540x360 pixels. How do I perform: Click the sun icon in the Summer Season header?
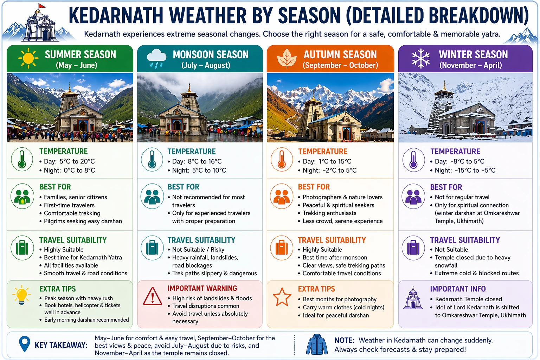[28, 58]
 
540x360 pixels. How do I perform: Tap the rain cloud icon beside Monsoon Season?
[156, 58]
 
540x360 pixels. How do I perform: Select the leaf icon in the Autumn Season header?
[287, 58]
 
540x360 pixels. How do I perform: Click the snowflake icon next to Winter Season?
[420, 58]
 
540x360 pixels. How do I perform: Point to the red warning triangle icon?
[153, 296]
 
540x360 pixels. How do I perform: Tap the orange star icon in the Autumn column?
[282, 297]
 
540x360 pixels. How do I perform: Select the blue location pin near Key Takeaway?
[24, 344]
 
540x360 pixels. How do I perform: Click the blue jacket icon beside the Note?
[317, 345]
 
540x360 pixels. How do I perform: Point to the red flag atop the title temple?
[42, 6]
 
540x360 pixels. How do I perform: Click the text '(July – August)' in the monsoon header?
[206, 65]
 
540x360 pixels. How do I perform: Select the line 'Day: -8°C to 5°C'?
[459, 161]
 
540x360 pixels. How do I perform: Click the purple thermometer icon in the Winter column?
[413, 159]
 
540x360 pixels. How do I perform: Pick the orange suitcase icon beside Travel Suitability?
[282, 247]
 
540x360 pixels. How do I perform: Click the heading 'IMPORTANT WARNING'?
[202, 288]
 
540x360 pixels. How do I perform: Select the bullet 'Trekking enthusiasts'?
[329, 213]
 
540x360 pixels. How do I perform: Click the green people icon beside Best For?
[22, 196]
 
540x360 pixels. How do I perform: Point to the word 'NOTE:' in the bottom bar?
[344, 340]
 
